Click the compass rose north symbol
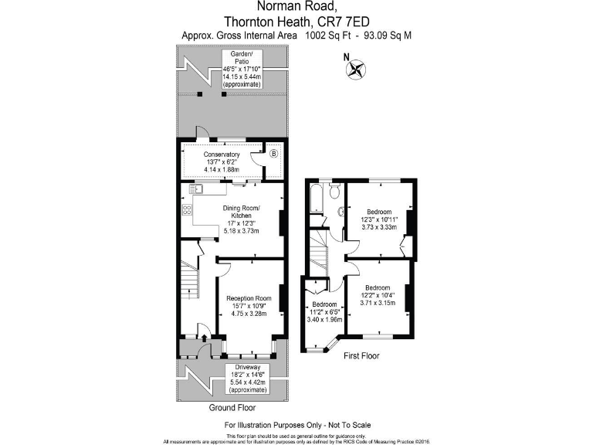(x=356, y=69)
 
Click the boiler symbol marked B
(x=273, y=154)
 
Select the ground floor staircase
(x=189, y=283)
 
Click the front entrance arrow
(x=203, y=338)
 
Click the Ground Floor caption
(x=232, y=407)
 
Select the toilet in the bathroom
(x=336, y=194)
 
